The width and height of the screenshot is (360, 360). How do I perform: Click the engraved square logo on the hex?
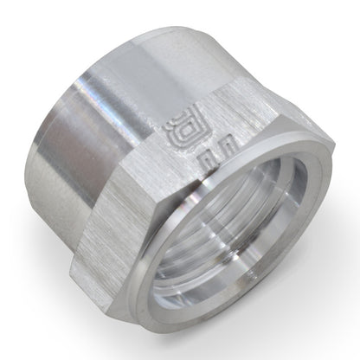176,131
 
